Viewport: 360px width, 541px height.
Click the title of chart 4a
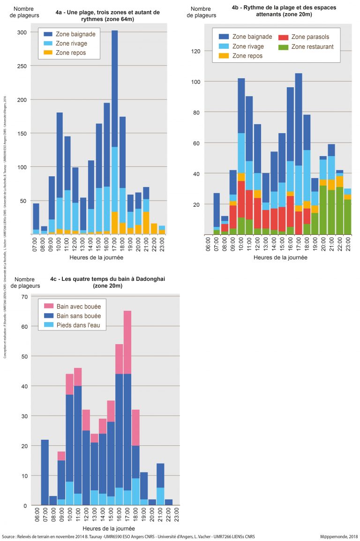[107, 15]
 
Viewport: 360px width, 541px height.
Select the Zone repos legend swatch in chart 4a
[48, 53]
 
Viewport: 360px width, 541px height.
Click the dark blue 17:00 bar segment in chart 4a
[114, 89]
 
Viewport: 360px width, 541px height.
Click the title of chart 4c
[107, 282]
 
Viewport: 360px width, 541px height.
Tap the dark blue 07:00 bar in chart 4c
[45, 473]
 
